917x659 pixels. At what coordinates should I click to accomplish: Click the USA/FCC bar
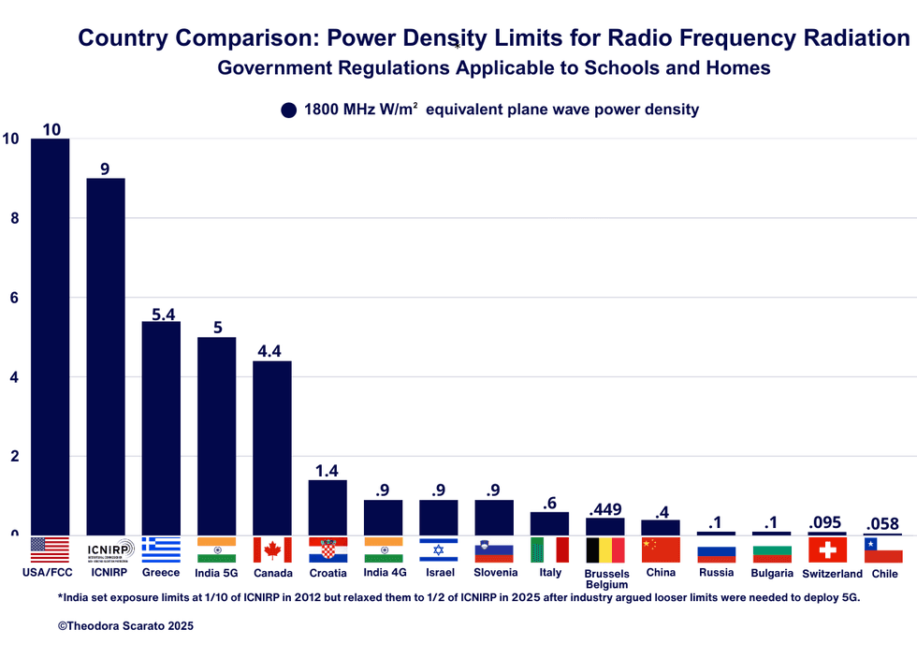coord(50,337)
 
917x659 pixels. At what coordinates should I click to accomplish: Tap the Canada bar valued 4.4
coord(272,447)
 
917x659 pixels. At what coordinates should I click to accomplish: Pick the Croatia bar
coord(327,507)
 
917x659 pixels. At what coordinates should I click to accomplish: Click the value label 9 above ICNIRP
coord(105,168)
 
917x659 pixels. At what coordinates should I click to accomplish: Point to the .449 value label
coord(604,509)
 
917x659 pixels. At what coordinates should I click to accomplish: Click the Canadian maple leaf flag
coord(272,549)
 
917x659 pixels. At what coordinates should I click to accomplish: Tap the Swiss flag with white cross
coord(827,549)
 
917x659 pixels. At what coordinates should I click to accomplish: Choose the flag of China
coord(661,549)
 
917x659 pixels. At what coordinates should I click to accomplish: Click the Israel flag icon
coord(438,549)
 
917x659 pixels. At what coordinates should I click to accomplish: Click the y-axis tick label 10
coord(11,139)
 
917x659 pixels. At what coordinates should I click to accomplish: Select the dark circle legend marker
coord(289,110)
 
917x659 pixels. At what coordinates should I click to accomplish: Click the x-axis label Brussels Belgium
coord(606,578)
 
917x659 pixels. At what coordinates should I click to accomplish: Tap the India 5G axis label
coord(216,573)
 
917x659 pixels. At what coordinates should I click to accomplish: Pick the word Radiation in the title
coord(856,38)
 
